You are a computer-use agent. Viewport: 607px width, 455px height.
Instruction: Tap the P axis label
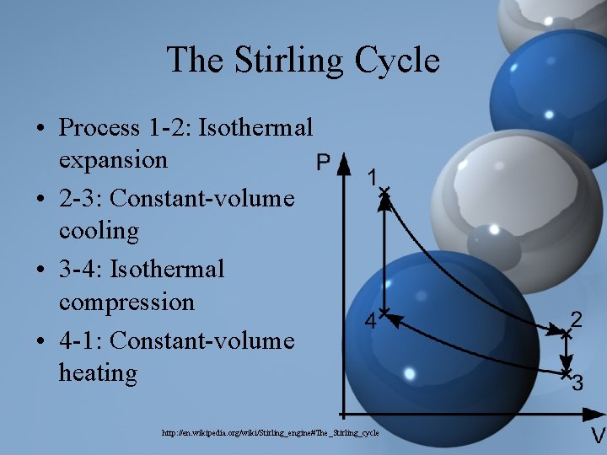click(323, 162)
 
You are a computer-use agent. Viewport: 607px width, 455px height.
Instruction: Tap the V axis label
click(597, 436)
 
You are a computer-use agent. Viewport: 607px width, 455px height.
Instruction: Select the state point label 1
click(371, 177)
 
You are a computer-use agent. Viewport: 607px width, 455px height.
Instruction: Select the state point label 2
click(577, 319)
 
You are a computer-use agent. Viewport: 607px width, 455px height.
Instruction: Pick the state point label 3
click(577, 384)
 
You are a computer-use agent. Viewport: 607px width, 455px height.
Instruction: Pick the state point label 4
click(369, 321)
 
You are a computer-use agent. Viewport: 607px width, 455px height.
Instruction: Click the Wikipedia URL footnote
click(271, 432)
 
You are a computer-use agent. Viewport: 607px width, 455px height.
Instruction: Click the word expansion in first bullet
click(113, 159)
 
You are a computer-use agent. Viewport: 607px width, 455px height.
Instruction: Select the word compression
click(126, 302)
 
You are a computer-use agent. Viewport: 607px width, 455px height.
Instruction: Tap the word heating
click(98, 372)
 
